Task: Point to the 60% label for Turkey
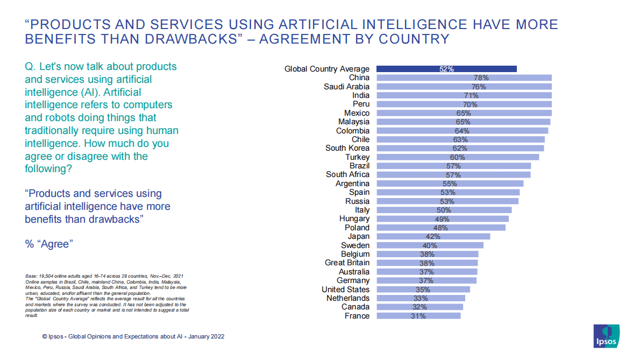tap(457, 157)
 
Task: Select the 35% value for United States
tap(423, 290)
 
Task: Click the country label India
tap(361, 95)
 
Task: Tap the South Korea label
tap(347, 148)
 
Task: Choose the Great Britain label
tap(347, 263)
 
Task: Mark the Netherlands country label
tap(348, 298)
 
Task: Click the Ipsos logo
tap(606, 336)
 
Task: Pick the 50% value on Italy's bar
tap(444, 210)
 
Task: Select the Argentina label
tap(352, 183)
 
